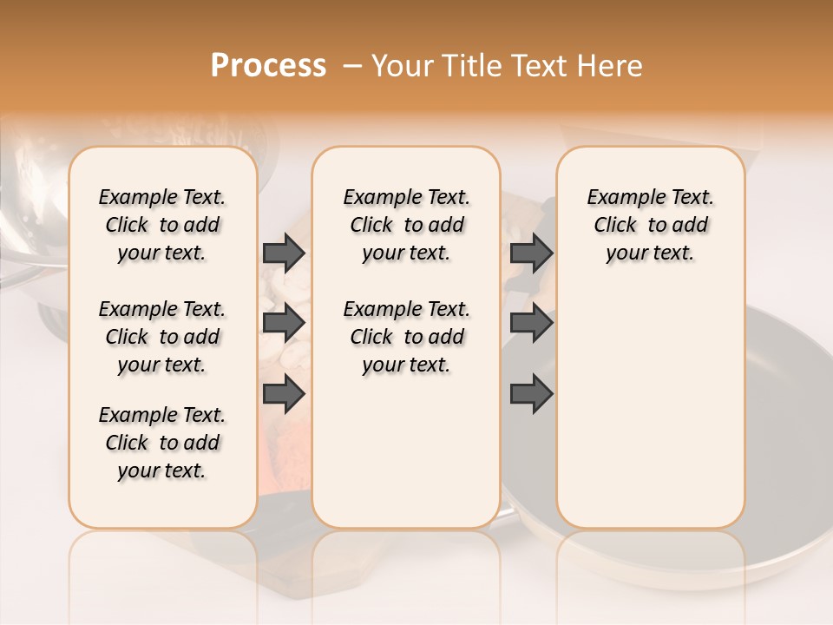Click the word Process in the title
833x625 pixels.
[x=268, y=66]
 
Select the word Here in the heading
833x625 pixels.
[x=612, y=66]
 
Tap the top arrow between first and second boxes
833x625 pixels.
[x=284, y=253]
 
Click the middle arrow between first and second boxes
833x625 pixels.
[x=284, y=323]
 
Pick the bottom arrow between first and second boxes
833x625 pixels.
[x=284, y=394]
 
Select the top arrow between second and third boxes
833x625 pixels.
[x=531, y=253]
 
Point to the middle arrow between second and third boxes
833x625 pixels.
[x=531, y=323]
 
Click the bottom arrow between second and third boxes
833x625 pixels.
[x=531, y=394]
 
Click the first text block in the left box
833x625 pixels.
[x=162, y=225]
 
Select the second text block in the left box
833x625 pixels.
[x=162, y=337]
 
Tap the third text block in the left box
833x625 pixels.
[x=162, y=443]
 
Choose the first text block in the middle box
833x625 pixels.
[x=406, y=225]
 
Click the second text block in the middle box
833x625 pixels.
[x=406, y=337]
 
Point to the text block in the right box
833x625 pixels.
[x=650, y=225]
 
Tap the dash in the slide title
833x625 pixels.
[x=352, y=66]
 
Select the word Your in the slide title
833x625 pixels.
[x=404, y=66]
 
